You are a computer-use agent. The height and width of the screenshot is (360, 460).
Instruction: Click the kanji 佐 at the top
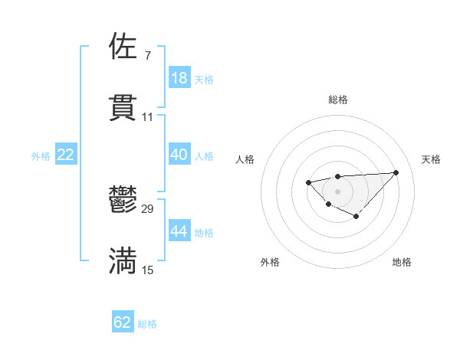tap(123, 47)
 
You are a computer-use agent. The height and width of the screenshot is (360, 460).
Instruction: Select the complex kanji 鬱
tap(123, 201)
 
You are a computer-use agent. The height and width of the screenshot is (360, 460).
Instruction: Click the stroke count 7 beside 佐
tap(147, 56)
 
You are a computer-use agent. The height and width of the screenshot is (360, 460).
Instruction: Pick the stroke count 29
tap(148, 209)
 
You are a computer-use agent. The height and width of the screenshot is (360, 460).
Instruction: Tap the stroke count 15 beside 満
tap(148, 269)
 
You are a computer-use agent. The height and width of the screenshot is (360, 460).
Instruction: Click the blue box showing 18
tap(179, 77)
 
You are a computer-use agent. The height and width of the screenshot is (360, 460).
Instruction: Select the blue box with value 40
tap(179, 155)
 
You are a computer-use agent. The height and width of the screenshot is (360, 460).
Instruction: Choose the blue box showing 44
tap(179, 231)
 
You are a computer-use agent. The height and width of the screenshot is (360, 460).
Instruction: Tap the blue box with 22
tap(66, 155)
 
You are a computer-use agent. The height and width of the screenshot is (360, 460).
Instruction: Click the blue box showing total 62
tap(123, 322)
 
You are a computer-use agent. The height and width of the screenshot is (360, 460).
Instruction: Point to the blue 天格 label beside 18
tap(204, 79)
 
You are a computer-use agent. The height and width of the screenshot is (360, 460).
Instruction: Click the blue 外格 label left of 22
tap(41, 156)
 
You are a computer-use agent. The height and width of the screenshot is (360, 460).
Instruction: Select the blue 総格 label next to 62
tap(147, 324)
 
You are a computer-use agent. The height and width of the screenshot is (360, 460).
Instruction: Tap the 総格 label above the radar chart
tap(337, 100)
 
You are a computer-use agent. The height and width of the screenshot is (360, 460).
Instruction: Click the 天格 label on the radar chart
tap(431, 159)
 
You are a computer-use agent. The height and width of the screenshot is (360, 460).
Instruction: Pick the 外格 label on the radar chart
tap(270, 262)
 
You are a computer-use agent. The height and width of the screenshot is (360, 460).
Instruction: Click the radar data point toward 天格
tap(396, 172)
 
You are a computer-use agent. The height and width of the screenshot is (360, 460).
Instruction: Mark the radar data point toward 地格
tap(356, 217)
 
